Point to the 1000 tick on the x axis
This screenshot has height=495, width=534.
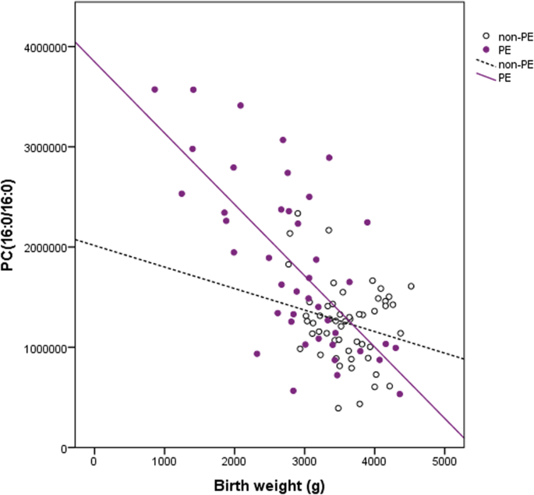(x=164, y=459)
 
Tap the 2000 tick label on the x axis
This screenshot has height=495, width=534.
(x=234, y=459)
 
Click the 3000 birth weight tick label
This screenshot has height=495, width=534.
(x=304, y=459)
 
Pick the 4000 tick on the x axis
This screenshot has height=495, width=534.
(x=374, y=459)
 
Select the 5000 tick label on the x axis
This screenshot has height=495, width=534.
(x=444, y=459)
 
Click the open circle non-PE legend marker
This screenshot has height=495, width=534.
(x=486, y=36)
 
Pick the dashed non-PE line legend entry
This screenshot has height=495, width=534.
(x=486, y=64)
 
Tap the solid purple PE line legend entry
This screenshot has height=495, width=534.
(x=486, y=78)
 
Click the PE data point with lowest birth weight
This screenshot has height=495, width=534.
(x=154, y=90)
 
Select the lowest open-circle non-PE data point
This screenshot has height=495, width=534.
(x=338, y=408)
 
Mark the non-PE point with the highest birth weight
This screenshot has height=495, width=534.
(x=411, y=286)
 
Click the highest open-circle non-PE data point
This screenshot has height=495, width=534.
(x=297, y=213)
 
